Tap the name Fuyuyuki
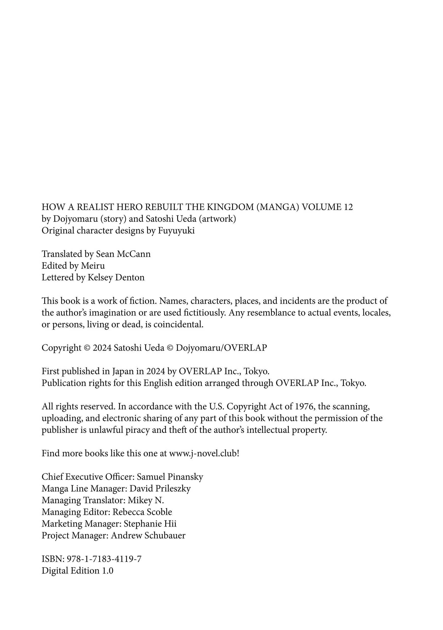176,231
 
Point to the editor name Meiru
93,266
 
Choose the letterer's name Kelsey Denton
116,277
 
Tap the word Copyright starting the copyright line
61,348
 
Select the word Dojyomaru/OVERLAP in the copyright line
221,348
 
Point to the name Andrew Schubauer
148,535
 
